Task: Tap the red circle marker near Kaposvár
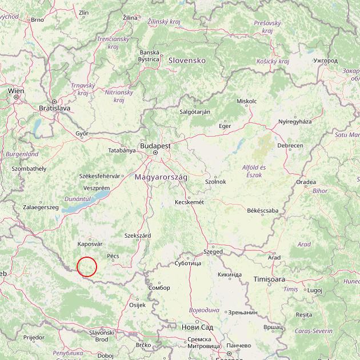pyautogui.click(x=87, y=267)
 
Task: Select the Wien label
pyautogui.click(x=15, y=90)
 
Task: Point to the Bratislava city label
pyautogui.click(x=54, y=107)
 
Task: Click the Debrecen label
pyautogui.click(x=290, y=146)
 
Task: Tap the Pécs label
pyautogui.click(x=113, y=256)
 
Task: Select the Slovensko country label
pyautogui.click(x=186, y=60)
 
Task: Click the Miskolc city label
pyautogui.click(x=246, y=101)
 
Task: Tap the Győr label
pyautogui.click(x=82, y=133)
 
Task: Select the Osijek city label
pyautogui.click(x=138, y=305)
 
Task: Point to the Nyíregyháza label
pyautogui.click(x=295, y=122)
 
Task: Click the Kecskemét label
pyautogui.click(x=189, y=202)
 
